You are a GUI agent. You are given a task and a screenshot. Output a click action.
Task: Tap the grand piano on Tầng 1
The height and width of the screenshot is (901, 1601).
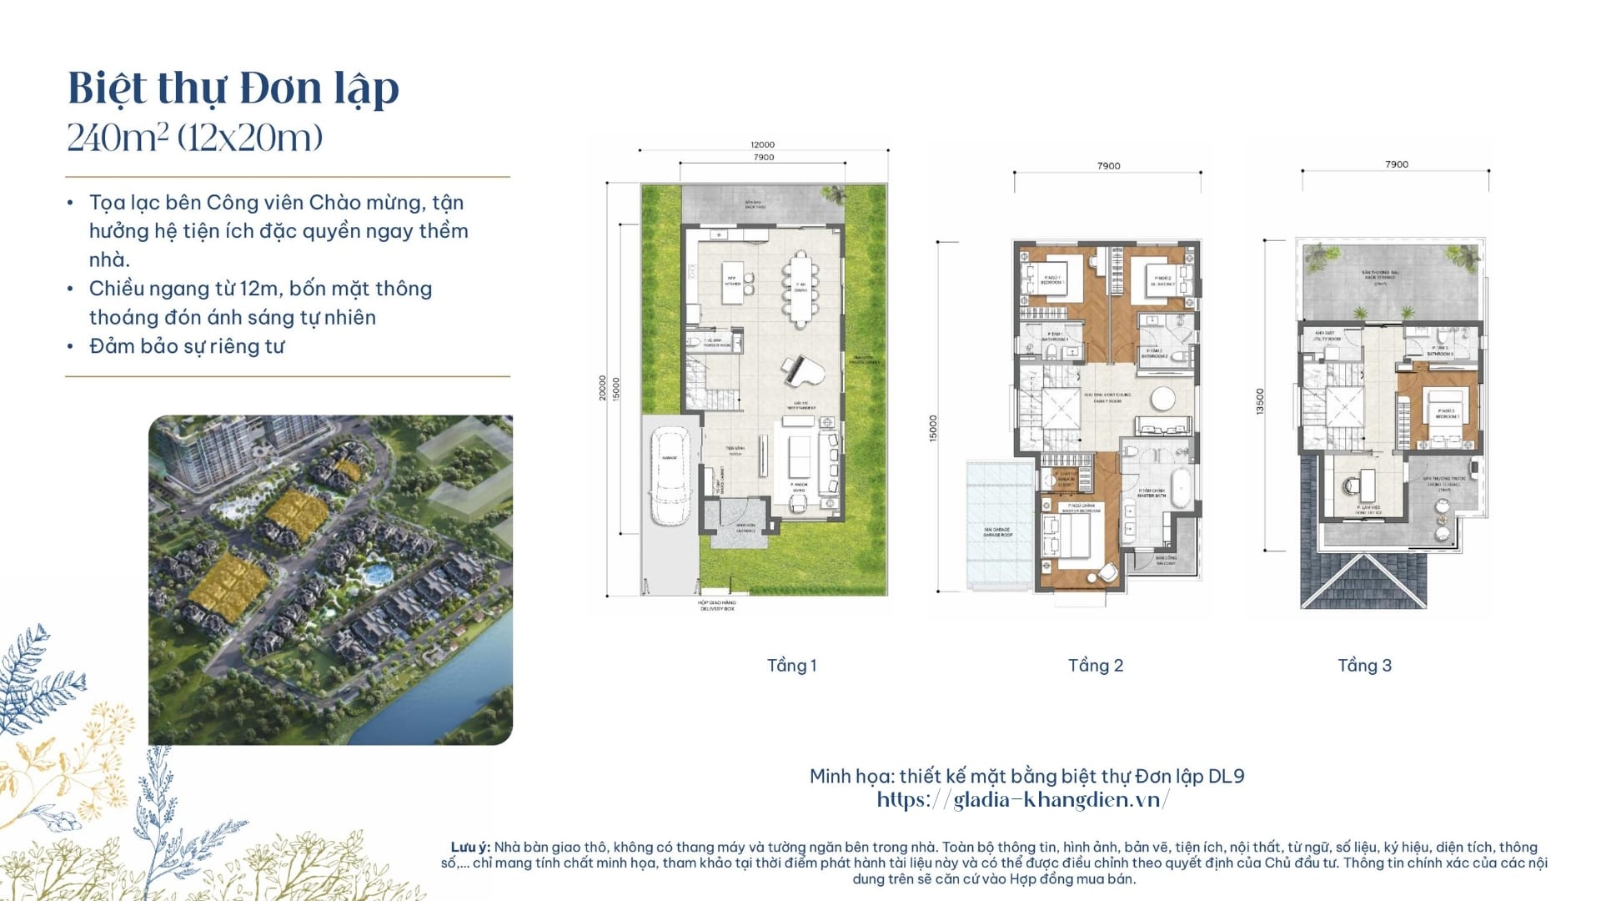795,370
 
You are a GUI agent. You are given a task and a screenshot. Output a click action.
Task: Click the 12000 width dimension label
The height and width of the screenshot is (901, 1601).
762,145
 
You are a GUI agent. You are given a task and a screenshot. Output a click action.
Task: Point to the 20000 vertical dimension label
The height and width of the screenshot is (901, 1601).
603,388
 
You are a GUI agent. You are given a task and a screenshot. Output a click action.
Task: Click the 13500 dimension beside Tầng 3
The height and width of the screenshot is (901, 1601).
1260,401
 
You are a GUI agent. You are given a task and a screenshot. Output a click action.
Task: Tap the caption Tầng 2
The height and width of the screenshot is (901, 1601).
1096,666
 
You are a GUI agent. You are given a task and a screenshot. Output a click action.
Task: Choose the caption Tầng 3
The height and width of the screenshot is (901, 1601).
1364,666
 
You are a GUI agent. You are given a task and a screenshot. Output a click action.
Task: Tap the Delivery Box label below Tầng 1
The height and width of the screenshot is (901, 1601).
717,606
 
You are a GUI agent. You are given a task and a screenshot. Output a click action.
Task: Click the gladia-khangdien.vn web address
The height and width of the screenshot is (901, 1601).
1023,800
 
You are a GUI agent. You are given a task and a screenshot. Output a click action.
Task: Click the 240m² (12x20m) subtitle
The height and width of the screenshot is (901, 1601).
194,138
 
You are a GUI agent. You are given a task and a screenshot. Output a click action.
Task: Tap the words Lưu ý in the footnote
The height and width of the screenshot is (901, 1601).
469,848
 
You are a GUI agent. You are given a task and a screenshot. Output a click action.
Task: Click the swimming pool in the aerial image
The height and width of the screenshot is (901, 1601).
379,575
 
